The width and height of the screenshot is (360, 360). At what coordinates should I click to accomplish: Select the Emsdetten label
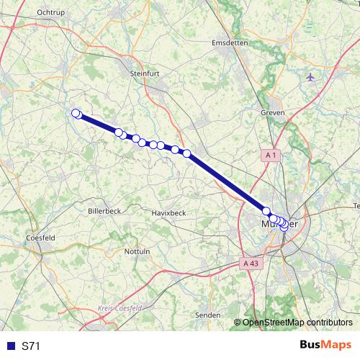(x=230, y=42)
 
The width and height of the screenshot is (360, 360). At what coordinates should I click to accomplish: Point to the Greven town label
(x=273, y=113)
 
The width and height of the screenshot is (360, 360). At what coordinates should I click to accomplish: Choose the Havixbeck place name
(x=168, y=213)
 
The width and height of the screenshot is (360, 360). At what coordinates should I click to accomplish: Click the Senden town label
(x=208, y=315)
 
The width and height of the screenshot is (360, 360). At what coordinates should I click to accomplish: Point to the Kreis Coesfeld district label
(x=119, y=308)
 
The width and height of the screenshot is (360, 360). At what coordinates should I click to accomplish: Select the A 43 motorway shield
(x=250, y=264)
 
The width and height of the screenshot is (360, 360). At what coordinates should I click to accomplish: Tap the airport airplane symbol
(x=310, y=77)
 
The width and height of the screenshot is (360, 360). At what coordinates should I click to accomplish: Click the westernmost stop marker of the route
(x=75, y=112)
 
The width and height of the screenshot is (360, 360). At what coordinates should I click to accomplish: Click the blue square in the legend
(x=9, y=346)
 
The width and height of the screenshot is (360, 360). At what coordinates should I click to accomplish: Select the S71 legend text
(x=31, y=346)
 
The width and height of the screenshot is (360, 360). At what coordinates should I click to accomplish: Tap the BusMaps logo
(x=325, y=346)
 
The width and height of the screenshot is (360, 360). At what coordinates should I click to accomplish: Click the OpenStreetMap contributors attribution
(x=297, y=323)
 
